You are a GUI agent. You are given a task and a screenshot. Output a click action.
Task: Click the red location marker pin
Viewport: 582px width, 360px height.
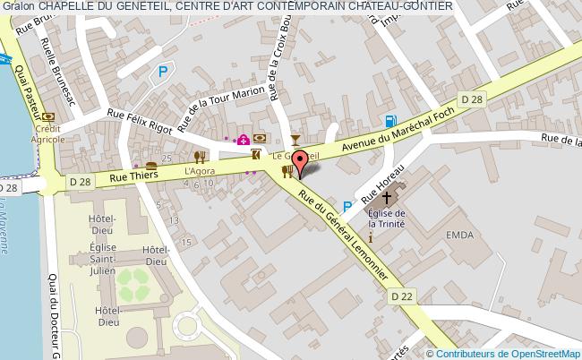tap(301, 163)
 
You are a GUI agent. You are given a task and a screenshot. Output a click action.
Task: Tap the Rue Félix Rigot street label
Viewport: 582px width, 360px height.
tap(139, 119)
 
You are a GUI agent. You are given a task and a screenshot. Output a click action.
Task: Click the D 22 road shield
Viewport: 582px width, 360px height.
tap(400, 294)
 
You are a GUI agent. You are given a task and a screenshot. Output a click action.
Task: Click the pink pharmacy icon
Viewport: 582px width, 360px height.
tap(243, 139)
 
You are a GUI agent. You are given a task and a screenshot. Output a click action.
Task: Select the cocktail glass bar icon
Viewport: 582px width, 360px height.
tap(296, 140)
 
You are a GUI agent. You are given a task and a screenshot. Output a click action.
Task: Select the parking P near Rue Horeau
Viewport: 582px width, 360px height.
tap(347, 205)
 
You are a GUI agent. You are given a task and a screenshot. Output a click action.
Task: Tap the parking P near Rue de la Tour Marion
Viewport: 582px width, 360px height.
tap(162, 72)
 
